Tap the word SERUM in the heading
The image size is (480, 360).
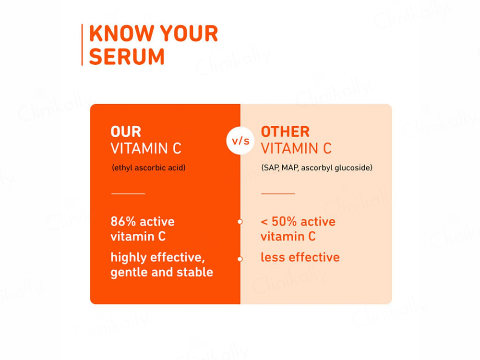point(127,57)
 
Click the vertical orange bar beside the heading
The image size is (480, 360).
point(82,45)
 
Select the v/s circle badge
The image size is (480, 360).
point(240,141)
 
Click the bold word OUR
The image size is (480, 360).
point(126,132)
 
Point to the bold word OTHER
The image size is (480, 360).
point(285,132)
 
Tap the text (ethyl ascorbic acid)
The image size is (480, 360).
point(148,168)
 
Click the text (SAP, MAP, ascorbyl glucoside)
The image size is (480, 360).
point(317,168)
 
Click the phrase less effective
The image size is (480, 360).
point(300,257)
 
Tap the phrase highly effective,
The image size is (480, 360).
point(158,258)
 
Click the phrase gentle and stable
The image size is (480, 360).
point(162,272)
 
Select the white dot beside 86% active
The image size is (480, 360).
point(240,222)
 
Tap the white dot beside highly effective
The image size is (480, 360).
point(240,259)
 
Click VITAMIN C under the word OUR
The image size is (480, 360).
point(146,149)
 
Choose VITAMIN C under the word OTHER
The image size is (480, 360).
point(296,149)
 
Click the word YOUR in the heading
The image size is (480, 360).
point(189,34)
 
